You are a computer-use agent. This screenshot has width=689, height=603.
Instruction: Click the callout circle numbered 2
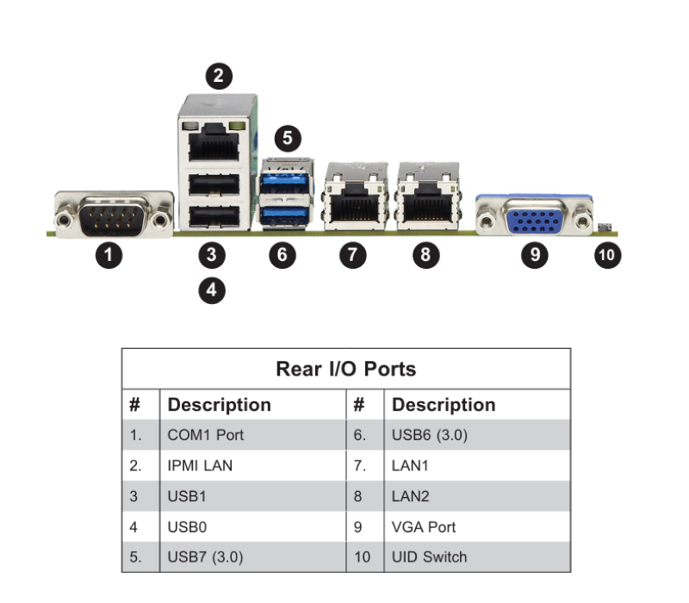tap(219, 76)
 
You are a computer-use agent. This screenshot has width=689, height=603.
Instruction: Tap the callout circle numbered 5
tap(288, 138)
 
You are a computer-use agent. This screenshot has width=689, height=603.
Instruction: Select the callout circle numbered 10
tap(607, 255)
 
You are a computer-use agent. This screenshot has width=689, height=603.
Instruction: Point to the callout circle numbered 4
tap(212, 290)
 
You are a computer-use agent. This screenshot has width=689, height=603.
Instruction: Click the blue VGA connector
tap(534, 214)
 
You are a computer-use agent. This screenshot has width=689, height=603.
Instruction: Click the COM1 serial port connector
tap(115, 214)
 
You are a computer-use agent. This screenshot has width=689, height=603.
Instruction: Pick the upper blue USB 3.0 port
tap(285, 183)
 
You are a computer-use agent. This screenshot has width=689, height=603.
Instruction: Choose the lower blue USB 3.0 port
tap(285, 215)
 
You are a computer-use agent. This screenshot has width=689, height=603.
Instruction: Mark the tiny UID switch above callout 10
tap(605, 227)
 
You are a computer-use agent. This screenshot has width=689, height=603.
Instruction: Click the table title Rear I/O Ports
tap(346, 369)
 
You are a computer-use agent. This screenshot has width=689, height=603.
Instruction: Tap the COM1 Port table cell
tap(206, 435)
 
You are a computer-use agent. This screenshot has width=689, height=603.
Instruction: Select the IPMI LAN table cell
tap(200, 465)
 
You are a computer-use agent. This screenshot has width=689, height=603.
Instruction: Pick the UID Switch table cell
tap(429, 556)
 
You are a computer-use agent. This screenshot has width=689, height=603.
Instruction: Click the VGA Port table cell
tap(424, 526)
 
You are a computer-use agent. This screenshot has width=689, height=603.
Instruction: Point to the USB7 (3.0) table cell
tap(205, 556)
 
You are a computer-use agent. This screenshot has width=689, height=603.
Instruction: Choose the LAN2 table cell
tap(411, 496)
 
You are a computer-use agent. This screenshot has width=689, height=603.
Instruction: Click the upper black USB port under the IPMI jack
tap(214, 184)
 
